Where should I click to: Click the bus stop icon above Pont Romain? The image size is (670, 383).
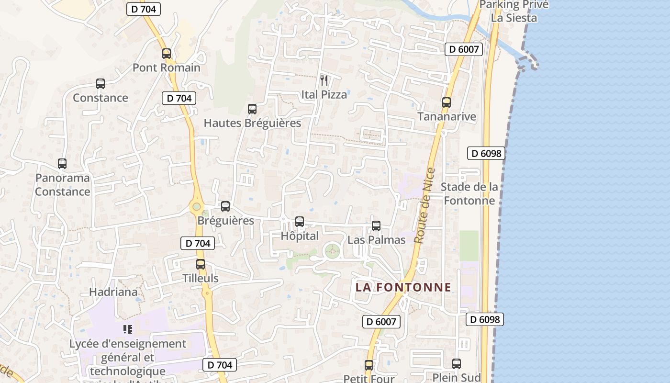167,54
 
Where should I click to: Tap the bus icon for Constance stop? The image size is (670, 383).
100,84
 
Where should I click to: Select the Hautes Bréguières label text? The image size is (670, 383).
252,123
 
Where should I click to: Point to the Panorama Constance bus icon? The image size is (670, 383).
62,164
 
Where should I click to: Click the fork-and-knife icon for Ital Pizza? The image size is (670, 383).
324,80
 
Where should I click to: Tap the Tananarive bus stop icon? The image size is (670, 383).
447,102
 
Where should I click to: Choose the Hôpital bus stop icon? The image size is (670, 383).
300,222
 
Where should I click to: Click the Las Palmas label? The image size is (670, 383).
376,240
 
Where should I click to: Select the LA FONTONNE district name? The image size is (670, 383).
403,287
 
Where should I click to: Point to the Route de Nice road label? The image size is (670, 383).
425,206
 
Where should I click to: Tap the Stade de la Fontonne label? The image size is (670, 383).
469,193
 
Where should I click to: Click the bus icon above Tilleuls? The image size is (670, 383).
201,264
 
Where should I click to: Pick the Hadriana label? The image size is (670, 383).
113,292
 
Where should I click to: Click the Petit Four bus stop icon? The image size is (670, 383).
369,365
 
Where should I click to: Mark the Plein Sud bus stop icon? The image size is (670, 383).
457,364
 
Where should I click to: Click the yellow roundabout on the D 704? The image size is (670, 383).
196,206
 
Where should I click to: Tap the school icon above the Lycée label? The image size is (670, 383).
127,329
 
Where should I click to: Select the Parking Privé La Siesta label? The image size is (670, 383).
514,11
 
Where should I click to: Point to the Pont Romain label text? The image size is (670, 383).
167,68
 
